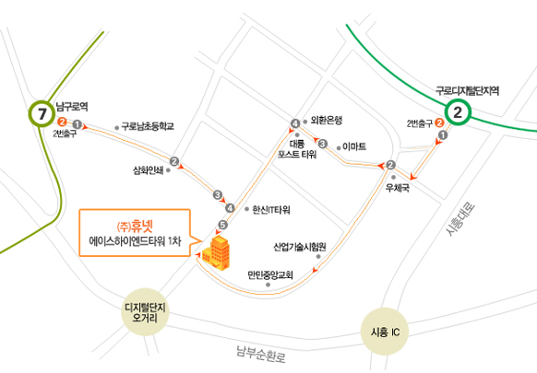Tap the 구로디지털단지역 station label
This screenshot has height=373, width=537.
point(467,91)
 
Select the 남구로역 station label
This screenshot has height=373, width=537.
point(72,107)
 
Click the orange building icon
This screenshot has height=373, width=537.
point(216,253)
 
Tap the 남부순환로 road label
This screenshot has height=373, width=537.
point(261,355)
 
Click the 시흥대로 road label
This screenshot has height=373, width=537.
point(460,219)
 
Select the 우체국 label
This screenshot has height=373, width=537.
point(398,188)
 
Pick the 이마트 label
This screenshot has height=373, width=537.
point(354,146)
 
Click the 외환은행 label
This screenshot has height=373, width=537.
point(327,120)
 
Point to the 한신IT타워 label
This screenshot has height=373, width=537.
point(271,210)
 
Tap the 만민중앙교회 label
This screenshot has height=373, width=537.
point(270,274)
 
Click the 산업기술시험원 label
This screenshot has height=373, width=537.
point(300,247)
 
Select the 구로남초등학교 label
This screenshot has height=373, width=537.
point(148,126)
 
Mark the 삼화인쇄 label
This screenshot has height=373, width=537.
point(149,170)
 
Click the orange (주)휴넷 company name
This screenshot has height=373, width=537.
point(135,227)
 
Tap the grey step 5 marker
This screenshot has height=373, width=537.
point(222,225)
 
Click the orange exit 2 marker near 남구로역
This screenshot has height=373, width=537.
point(62,122)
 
